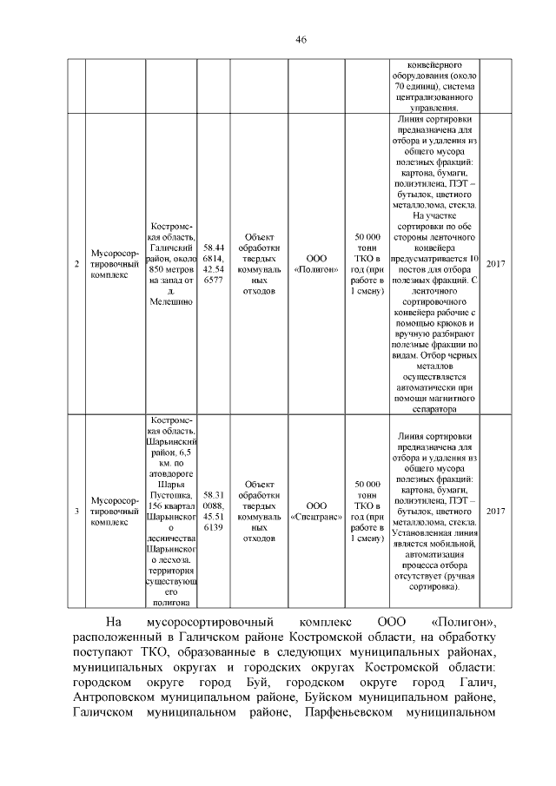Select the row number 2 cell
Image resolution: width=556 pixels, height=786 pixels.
coord(76,264)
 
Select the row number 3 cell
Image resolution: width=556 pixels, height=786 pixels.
coord(76,511)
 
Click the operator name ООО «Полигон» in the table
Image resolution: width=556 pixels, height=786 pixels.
coord(316,264)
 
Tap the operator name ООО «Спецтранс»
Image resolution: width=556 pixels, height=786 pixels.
coord(316,511)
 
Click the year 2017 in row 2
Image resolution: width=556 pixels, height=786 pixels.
coord(495,264)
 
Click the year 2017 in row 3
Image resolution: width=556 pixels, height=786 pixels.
coord(495,511)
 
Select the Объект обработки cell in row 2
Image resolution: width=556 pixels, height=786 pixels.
coord(260,264)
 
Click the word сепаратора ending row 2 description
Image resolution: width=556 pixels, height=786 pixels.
coord(434,408)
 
